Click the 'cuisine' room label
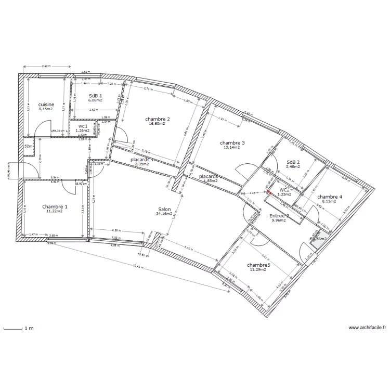pos(46,105)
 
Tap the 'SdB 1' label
pos(96,96)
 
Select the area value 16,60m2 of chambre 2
pos(157,124)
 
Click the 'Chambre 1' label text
pos(55,206)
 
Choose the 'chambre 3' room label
pos(232,142)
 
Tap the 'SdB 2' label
pos(293,162)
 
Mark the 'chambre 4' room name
pos(330,197)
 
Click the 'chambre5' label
pos(258,265)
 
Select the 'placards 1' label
pos(142,160)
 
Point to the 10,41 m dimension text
pos(138,266)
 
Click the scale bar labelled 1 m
pos(13,328)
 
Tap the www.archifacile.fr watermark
pos(367,328)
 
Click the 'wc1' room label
pos(83,126)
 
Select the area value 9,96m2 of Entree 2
pos(279,220)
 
